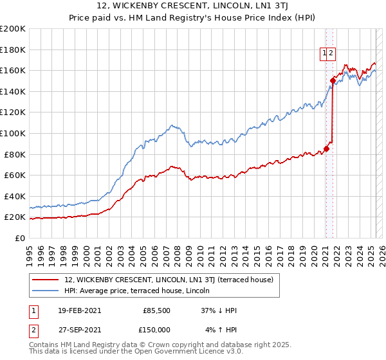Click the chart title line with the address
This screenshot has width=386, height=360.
(x=193, y=6)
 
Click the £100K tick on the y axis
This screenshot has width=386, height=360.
(x=12, y=133)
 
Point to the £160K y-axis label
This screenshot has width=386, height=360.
(x=12, y=70)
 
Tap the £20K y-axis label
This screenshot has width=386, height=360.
(x=15, y=217)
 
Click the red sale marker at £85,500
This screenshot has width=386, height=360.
(x=326, y=148)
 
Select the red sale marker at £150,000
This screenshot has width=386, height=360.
(x=333, y=80)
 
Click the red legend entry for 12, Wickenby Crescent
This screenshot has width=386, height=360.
(x=169, y=280)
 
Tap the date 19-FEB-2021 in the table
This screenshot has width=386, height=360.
(x=79, y=310)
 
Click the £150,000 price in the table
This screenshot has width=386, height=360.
(x=157, y=330)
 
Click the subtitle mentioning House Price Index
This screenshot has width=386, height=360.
(x=193, y=18)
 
